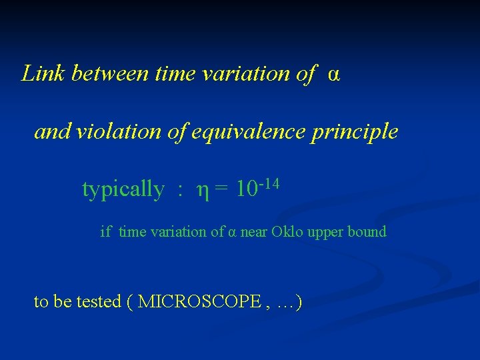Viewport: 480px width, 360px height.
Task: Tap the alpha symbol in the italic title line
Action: pos(333,75)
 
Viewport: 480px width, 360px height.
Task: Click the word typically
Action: pos(123,190)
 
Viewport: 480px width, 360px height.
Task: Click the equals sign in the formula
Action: pos(223,190)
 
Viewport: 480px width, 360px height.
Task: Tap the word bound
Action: pos(367,232)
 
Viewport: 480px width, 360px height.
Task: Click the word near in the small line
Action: pos(253,233)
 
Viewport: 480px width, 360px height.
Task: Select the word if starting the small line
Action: pos(105,232)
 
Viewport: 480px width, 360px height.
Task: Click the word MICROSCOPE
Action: pos(199,302)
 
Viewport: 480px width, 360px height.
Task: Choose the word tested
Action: pos(99,302)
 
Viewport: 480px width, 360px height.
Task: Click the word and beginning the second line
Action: pos(53,131)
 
